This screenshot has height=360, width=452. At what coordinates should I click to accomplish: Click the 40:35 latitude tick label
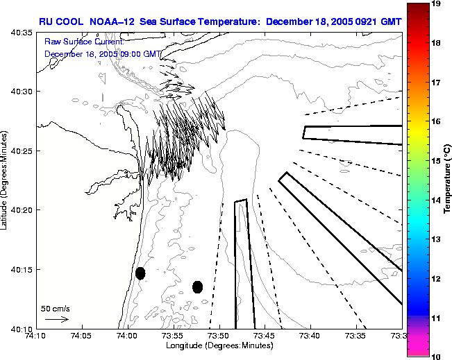tap(23, 33)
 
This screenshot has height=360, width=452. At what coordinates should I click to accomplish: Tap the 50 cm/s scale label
tap(53, 308)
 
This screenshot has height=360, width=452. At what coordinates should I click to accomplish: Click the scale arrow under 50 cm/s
tap(56, 319)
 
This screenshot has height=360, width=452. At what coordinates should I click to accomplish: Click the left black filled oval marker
tap(140, 273)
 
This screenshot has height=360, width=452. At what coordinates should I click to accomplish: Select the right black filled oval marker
tap(197, 286)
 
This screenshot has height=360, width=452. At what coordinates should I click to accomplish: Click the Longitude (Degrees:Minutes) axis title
tap(218, 345)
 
